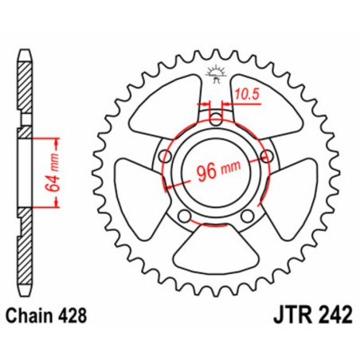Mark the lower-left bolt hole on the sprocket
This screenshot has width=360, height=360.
[x=184, y=217]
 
